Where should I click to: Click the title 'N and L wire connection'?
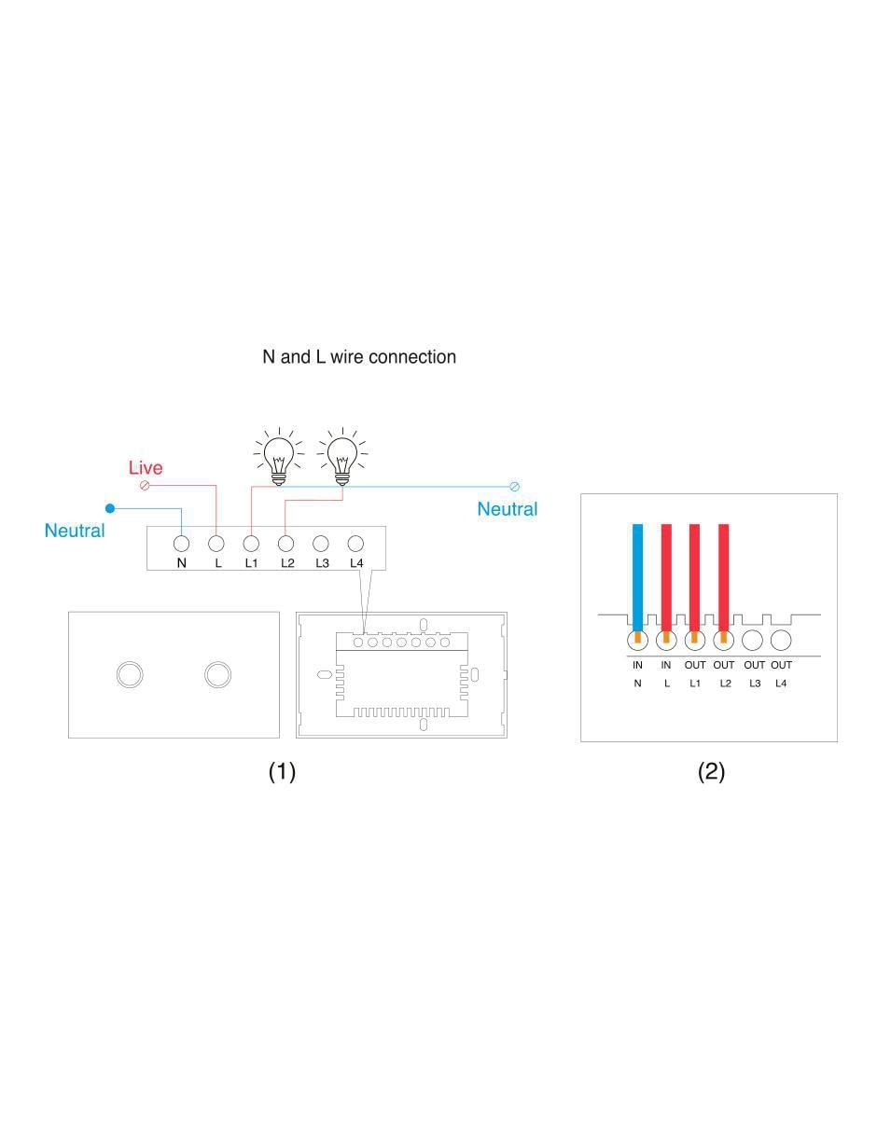pyautogui.click(x=358, y=356)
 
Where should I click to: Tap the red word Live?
pyautogui.click(x=146, y=467)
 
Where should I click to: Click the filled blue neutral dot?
pyautogui.click(x=110, y=508)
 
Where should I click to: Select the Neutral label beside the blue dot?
pyautogui.click(x=75, y=531)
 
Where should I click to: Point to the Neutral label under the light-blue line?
pyautogui.click(x=508, y=509)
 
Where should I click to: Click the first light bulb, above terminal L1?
pyautogui.click(x=279, y=457)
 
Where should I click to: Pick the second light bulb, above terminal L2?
pyautogui.click(x=342, y=457)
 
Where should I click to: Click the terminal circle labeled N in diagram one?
pyautogui.click(x=181, y=544)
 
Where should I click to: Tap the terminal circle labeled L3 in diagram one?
pyautogui.click(x=321, y=544)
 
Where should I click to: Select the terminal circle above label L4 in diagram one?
pyautogui.click(x=355, y=544)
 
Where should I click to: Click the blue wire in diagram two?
pyautogui.click(x=637, y=577)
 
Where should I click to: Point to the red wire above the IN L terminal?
pyautogui.click(x=666, y=577)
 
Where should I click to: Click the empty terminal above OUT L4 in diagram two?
pyautogui.click(x=781, y=641)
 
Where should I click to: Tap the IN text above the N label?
pyautogui.click(x=637, y=665)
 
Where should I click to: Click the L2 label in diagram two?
pyautogui.click(x=725, y=683)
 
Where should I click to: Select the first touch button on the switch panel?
pyautogui.click(x=130, y=674)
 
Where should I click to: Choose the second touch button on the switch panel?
pyautogui.click(x=218, y=674)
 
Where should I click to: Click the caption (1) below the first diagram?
pyautogui.click(x=282, y=771)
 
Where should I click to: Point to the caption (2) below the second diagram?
pyautogui.click(x=711, y=771)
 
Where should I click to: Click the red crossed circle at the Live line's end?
pyautogui.click(x=145, y=486)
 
